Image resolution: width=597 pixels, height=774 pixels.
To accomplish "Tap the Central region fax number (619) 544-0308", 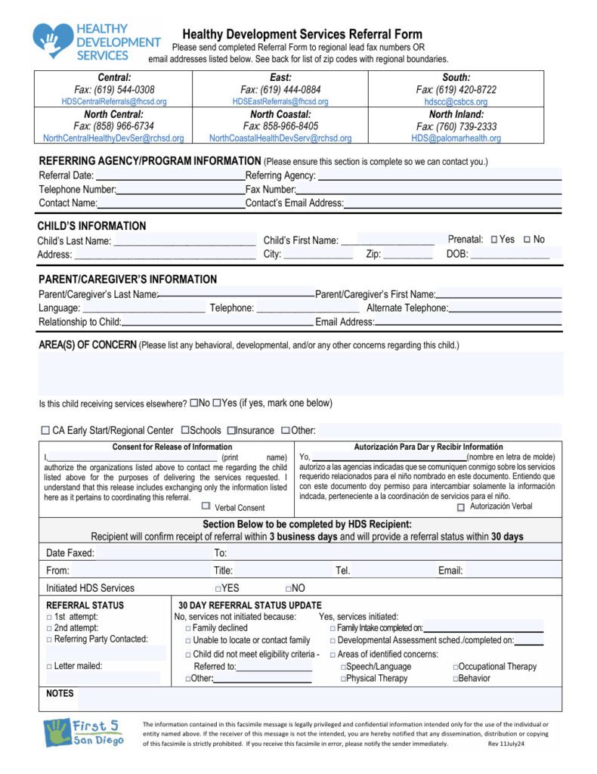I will click(x=114, y=90).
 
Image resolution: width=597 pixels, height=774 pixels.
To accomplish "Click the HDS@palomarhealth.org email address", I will click(x=456, y=138).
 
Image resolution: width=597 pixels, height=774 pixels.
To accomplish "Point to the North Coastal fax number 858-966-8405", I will click(x=280, y=126).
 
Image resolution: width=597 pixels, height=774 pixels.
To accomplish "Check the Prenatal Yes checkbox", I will click(x=494, y=240).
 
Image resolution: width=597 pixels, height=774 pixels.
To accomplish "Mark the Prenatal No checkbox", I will click(x=527, y=240).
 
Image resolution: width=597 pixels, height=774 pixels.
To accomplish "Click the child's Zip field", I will click(x=407, y=255).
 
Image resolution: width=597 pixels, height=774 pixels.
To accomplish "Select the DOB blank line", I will click(x=509, y=255).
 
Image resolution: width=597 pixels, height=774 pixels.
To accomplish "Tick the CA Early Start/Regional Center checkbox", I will click(x=45, y=431).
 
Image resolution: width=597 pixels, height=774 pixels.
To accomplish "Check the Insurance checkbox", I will click(x=231, y=431).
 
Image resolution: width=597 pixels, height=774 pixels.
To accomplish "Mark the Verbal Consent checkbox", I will click(x=206, y=506).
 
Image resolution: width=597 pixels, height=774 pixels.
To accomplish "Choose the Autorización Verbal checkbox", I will click(x=461, y=507).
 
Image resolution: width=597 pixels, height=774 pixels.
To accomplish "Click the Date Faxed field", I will click(x=151, y=553).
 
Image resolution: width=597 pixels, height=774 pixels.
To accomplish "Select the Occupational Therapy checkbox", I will click(x=455, y=667).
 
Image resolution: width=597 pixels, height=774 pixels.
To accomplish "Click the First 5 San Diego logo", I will click(x=83, y=732).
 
